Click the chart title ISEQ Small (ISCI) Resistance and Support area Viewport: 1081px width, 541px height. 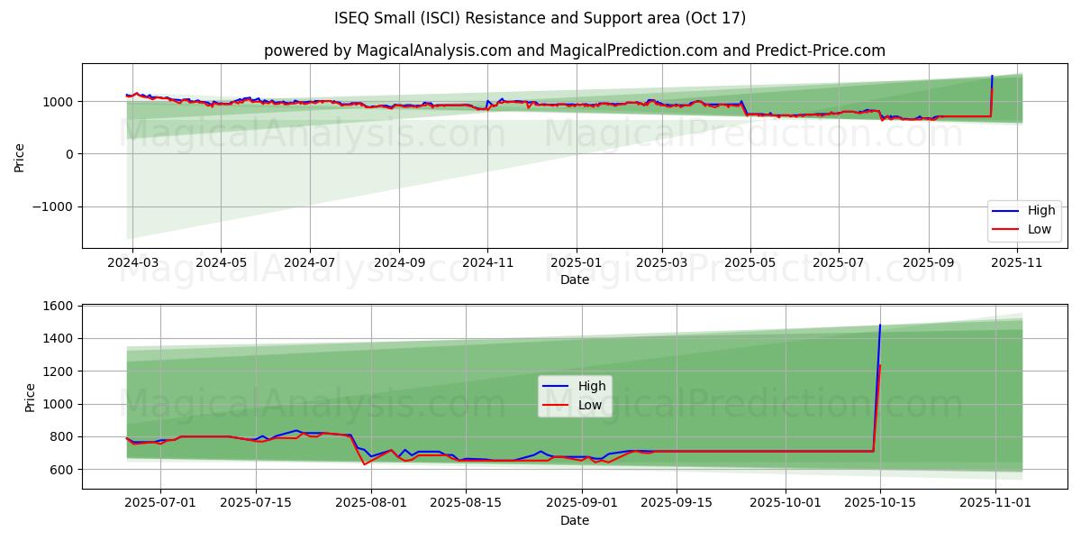[x=540, y=18]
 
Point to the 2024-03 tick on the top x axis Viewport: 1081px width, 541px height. [x=132, y=262]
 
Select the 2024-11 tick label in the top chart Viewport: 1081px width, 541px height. [x=487, y=262]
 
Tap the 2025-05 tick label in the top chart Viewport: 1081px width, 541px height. [x=750, y=262]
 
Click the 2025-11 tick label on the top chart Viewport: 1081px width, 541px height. [x=1017, y=262]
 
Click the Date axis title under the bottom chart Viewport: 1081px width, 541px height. [x=575, y=520]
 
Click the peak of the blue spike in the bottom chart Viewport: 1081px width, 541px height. [x=880, y=326]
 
